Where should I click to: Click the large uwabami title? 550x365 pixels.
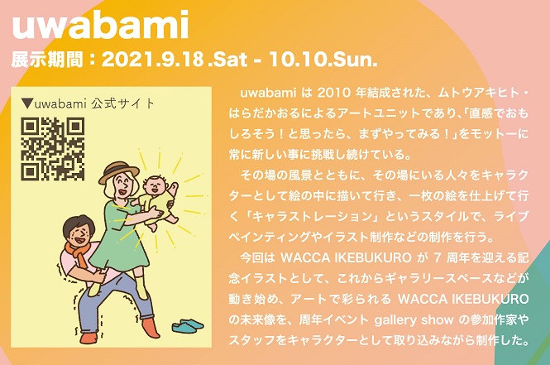100,25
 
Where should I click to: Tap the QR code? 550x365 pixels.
53,149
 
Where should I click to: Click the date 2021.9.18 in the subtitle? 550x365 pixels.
153,60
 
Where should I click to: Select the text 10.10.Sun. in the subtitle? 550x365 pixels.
323,60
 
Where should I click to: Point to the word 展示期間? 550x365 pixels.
47,60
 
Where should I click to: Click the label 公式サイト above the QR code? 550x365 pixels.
122,103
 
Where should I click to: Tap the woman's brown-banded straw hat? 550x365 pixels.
118,172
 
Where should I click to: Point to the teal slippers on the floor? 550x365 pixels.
188,325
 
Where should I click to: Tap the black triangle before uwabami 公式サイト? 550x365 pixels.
26,103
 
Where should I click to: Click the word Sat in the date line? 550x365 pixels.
231,60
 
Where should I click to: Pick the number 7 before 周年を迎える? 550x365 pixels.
437,258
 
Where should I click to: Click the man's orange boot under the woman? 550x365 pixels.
151,327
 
